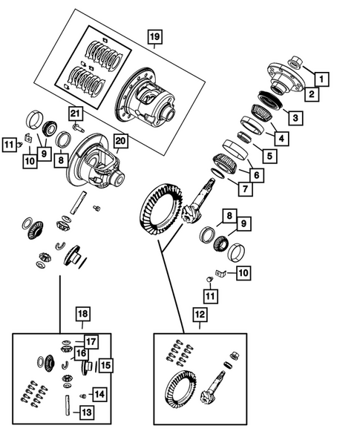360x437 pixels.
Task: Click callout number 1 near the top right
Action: (322, 77)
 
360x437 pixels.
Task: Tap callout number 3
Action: (295, 118)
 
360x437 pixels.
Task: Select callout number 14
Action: (99, 395)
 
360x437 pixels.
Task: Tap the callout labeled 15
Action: (105, 365)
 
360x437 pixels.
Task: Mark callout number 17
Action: (90, 341)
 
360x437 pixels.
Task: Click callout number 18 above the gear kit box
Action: (82, 315)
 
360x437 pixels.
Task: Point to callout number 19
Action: (154, 36)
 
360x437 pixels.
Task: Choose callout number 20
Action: (121, 140)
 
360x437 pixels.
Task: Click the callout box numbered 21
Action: (75, 113)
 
